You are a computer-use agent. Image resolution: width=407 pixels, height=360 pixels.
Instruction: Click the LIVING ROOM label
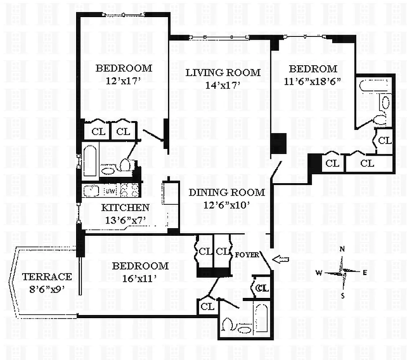[223, 72]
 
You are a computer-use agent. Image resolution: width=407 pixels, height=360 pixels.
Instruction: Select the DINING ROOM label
[226, 193]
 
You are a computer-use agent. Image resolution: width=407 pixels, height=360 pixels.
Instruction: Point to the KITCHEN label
[125, 207]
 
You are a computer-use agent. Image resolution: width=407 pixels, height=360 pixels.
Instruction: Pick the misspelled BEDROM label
[312, 69]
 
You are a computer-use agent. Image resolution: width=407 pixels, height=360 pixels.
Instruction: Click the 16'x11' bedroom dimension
[140, 279]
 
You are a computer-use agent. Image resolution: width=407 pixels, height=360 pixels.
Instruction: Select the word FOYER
[247, 255]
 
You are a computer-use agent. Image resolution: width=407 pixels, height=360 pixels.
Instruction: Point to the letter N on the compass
[342, 249]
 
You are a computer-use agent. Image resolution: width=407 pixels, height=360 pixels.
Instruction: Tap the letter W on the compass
[318, 273]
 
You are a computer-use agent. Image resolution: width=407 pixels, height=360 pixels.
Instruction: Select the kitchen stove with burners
[130, 191]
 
